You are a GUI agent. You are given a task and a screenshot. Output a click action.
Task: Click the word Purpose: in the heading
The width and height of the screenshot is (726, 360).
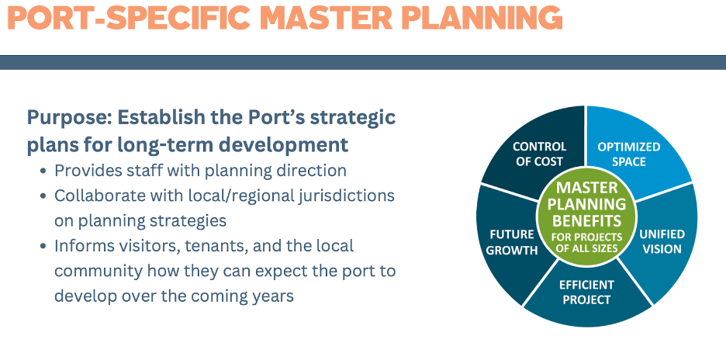(68, 118)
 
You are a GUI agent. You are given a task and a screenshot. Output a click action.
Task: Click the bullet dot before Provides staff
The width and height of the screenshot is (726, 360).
(43, 171)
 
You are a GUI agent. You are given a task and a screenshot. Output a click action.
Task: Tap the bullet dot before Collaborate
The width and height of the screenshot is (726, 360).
(43, 196)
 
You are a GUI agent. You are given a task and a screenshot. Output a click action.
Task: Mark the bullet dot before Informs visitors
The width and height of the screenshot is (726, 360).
(43, 246)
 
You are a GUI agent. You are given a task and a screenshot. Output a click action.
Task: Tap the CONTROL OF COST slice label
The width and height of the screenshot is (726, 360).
(539, 154)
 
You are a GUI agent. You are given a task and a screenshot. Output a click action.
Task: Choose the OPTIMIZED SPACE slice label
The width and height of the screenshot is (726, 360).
(629, 154)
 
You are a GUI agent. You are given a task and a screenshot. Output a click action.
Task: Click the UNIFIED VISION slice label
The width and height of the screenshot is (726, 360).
(662, 241)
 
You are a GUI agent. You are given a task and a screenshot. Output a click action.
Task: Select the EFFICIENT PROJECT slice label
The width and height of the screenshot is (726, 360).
(586, 292)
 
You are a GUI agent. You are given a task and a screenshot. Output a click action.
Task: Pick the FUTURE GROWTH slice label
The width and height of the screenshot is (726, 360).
(512, 242)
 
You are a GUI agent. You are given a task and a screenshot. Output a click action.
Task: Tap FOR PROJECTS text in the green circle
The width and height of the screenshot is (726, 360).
(586, 237)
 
